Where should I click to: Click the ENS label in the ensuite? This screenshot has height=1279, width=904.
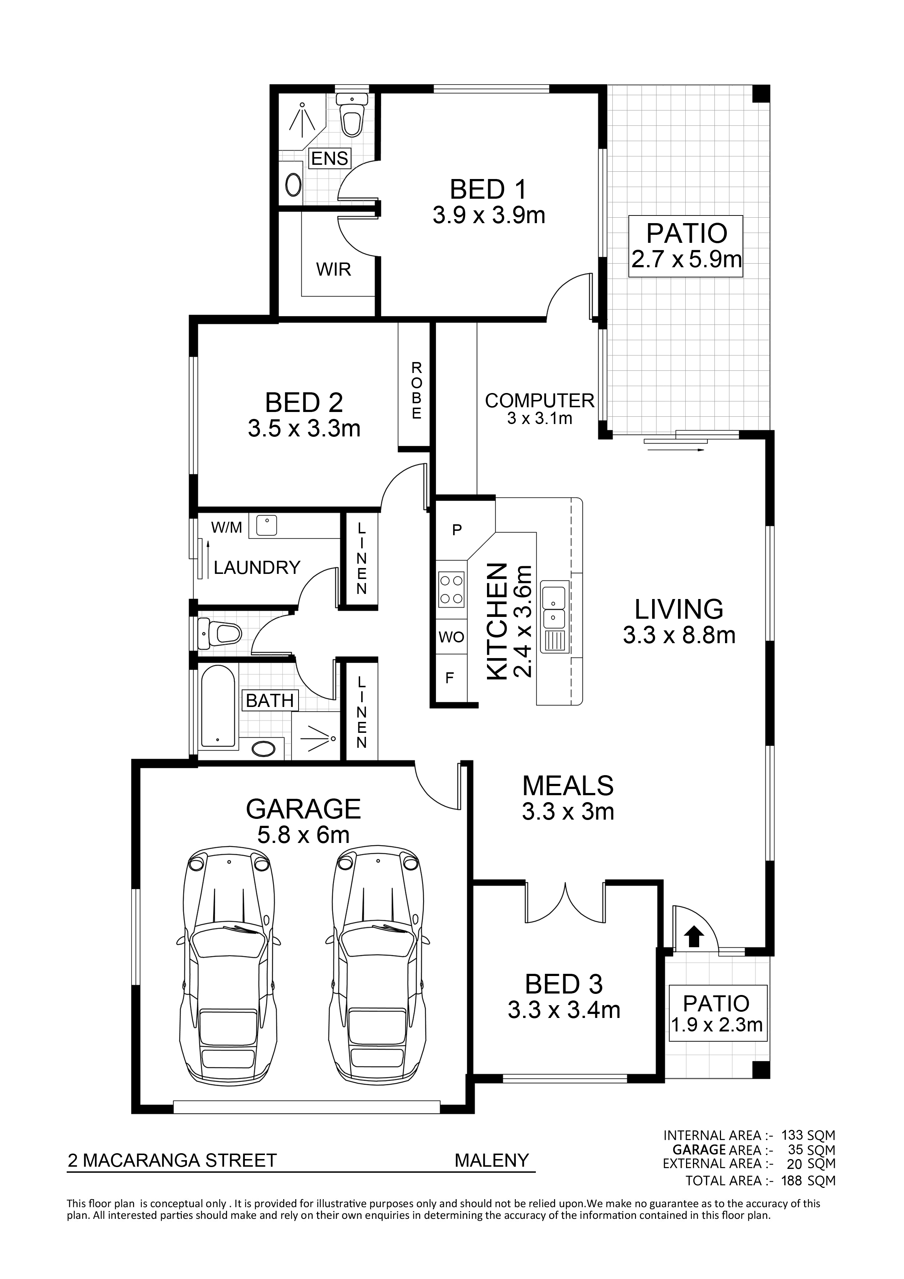[330, 158]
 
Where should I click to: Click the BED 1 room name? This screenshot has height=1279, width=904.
[488, 190]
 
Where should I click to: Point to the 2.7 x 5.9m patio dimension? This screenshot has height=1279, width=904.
[686, 259]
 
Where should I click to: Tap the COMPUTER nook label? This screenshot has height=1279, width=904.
[540, 401]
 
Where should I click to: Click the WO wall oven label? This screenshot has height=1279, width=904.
[451, 637]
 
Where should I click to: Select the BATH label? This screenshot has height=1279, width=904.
[270, 700]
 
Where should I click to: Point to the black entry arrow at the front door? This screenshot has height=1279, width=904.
[693, 936]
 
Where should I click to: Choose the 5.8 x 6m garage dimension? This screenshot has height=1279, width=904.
[304, 835]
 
